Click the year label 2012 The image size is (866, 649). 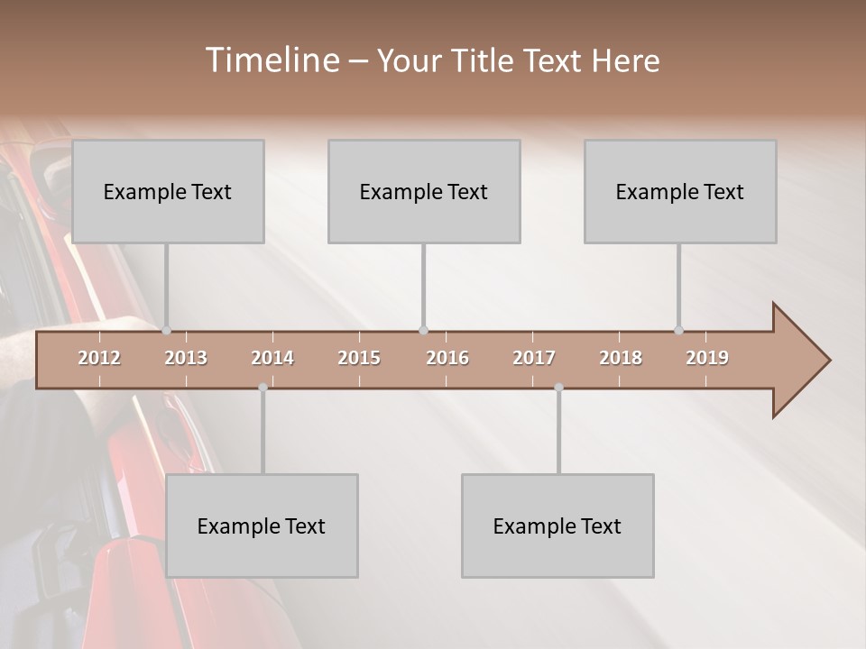tap(99, 358)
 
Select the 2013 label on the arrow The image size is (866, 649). tap(186, 358)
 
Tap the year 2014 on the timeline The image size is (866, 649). tap(272, 358)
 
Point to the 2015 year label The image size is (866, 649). tap(359, 358)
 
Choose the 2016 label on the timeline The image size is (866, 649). tap(447, 358)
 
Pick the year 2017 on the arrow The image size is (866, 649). tap(534, 358)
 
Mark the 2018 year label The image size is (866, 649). tap(621, 358)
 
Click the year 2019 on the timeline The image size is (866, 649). tap(707, 358)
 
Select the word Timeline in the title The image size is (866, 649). tap(272, 60)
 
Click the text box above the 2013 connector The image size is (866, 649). tap(168, 191)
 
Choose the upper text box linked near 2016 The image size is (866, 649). tap(424, 191)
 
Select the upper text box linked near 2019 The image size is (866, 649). tap(680, 191)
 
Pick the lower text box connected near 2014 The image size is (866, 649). tap(262, 526)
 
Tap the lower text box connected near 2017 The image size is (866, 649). tap(557, 526)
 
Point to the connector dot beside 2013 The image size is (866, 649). tap(166, 331)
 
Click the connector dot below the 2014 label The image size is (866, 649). tap(263, 388)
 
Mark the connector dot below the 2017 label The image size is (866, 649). tap(558, 388)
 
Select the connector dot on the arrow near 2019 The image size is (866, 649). tap(678, 331)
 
